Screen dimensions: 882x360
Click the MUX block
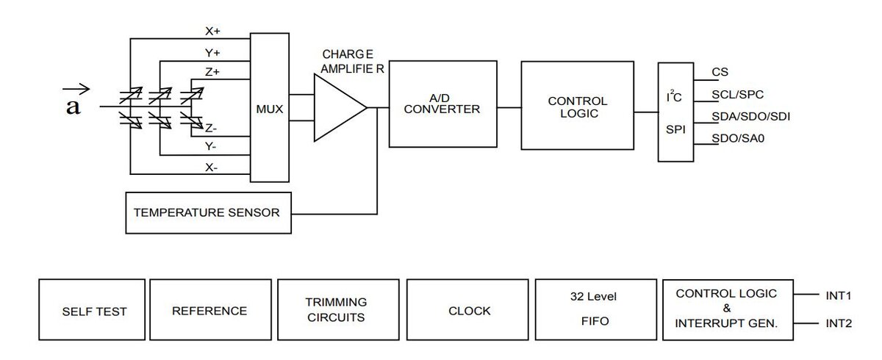pos(270,107)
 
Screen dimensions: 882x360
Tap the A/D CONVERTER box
pos(443,104)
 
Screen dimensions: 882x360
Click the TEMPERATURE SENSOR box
pos(208,213)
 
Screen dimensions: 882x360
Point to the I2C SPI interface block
pos(675,112)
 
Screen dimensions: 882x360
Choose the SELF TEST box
pos(92,309)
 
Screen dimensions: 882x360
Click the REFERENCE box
pos(211,309)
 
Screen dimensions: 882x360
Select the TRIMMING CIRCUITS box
pos(338,309)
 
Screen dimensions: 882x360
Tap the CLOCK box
pos(467,309)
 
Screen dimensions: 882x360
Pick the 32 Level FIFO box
pos(596,309)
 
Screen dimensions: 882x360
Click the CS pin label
pos(720,72)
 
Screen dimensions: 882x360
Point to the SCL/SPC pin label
pos(737,95)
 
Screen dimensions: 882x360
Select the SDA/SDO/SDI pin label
pos(751,117)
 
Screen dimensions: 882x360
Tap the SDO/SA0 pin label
pos(738,139)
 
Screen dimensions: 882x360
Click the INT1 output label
pos(839,295)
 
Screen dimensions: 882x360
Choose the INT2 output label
pos(839,323)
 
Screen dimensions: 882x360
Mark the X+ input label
pos(212,31)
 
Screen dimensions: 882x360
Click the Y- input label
pos(211,147)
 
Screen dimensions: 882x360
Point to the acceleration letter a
pos(73,107)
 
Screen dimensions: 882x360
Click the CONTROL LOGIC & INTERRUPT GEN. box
pos(728,309)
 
